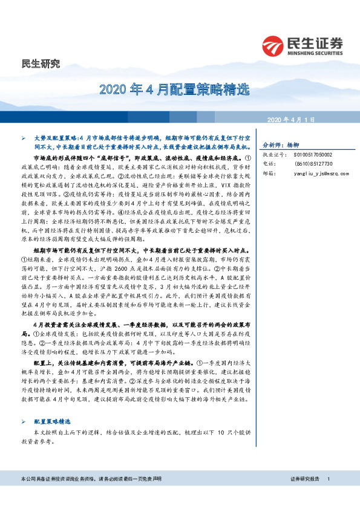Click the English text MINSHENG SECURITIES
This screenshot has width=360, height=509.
click(315, 53)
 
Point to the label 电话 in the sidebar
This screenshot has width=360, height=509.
click(268, 163)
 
